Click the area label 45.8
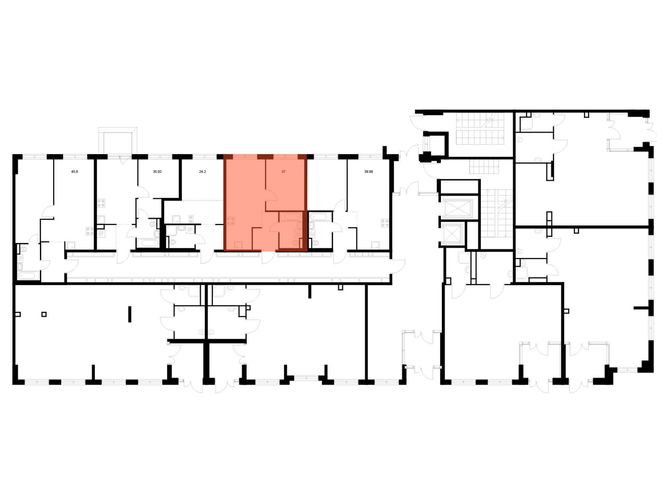(74, 172)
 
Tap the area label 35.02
(157, 172)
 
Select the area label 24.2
(202, 172)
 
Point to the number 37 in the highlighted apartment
(283, 172)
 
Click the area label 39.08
(368, 172)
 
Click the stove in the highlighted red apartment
(230, 221)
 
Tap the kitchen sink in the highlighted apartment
(238, 245)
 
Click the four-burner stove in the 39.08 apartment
(385, 223)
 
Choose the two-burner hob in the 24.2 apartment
(191, 220)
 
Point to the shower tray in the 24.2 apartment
(176, 219)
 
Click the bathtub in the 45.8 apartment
(29, 276)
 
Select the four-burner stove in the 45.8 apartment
(90, 231)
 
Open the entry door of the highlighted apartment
(268, 257)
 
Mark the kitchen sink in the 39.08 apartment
(375, 245)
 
